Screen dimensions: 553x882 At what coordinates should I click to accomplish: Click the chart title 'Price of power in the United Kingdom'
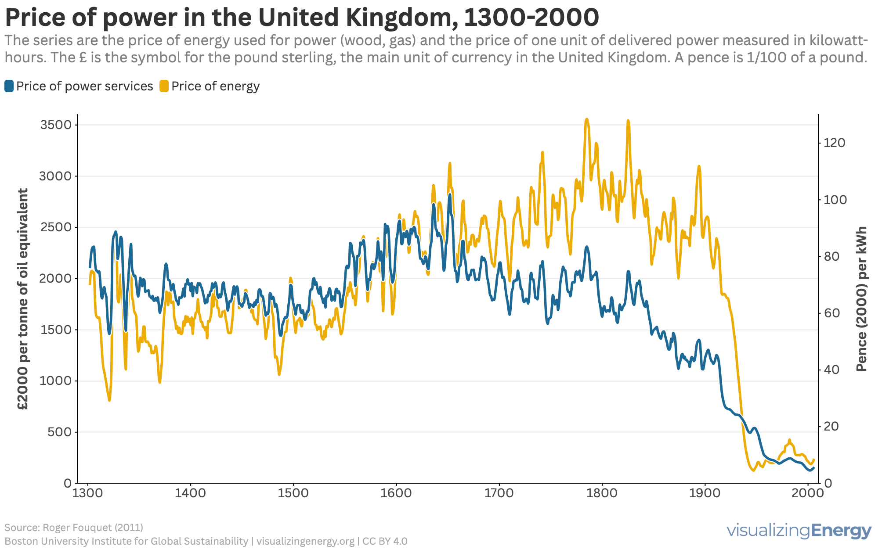pos(301,18)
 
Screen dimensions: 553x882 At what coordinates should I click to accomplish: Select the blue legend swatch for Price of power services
pos(9,86)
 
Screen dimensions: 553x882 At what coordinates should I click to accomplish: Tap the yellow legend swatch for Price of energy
pos(164,86)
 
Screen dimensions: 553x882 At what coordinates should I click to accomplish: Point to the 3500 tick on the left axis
pos(56,125)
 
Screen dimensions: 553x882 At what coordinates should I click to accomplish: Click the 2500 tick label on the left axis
pos(56,227)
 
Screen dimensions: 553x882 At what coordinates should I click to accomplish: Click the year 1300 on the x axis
pos(88,493)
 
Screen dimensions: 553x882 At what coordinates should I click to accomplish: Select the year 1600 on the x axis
pos(396,493)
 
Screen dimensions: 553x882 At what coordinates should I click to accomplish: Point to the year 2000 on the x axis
pos(808,493)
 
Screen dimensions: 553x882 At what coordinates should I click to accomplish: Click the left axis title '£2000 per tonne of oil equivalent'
pos(23,299)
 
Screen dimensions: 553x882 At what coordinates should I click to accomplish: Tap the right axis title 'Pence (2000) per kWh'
pos(862,299)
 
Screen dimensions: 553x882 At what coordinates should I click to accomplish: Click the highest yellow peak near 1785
pos(587,119)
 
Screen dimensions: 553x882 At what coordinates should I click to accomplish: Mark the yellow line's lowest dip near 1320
pos(109,400)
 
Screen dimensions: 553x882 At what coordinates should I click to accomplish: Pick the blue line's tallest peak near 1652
pos(450,194)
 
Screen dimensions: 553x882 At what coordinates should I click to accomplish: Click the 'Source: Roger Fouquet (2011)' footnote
pos(74,528)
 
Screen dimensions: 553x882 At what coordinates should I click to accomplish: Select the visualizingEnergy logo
pos(799,531)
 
